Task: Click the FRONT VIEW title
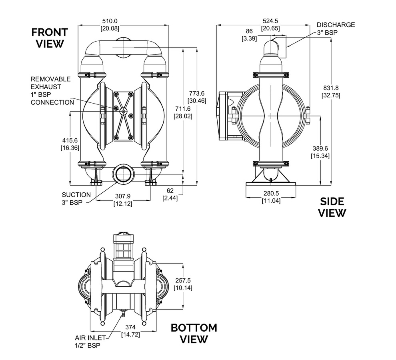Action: (x=50, y=38)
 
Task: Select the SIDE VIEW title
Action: (x=332, y=207)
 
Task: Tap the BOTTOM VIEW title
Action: (x=194, y=334)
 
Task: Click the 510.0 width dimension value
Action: (x=110, y=21)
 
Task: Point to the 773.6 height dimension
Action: (x=197, y=94)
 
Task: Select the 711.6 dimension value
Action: (x=183, y=109)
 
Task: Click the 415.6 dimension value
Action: (x=70, y=140)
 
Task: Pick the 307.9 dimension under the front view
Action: (x=123, y=196)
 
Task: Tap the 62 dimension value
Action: (x=170, y=191)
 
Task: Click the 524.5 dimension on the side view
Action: (x=270, y=21)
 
